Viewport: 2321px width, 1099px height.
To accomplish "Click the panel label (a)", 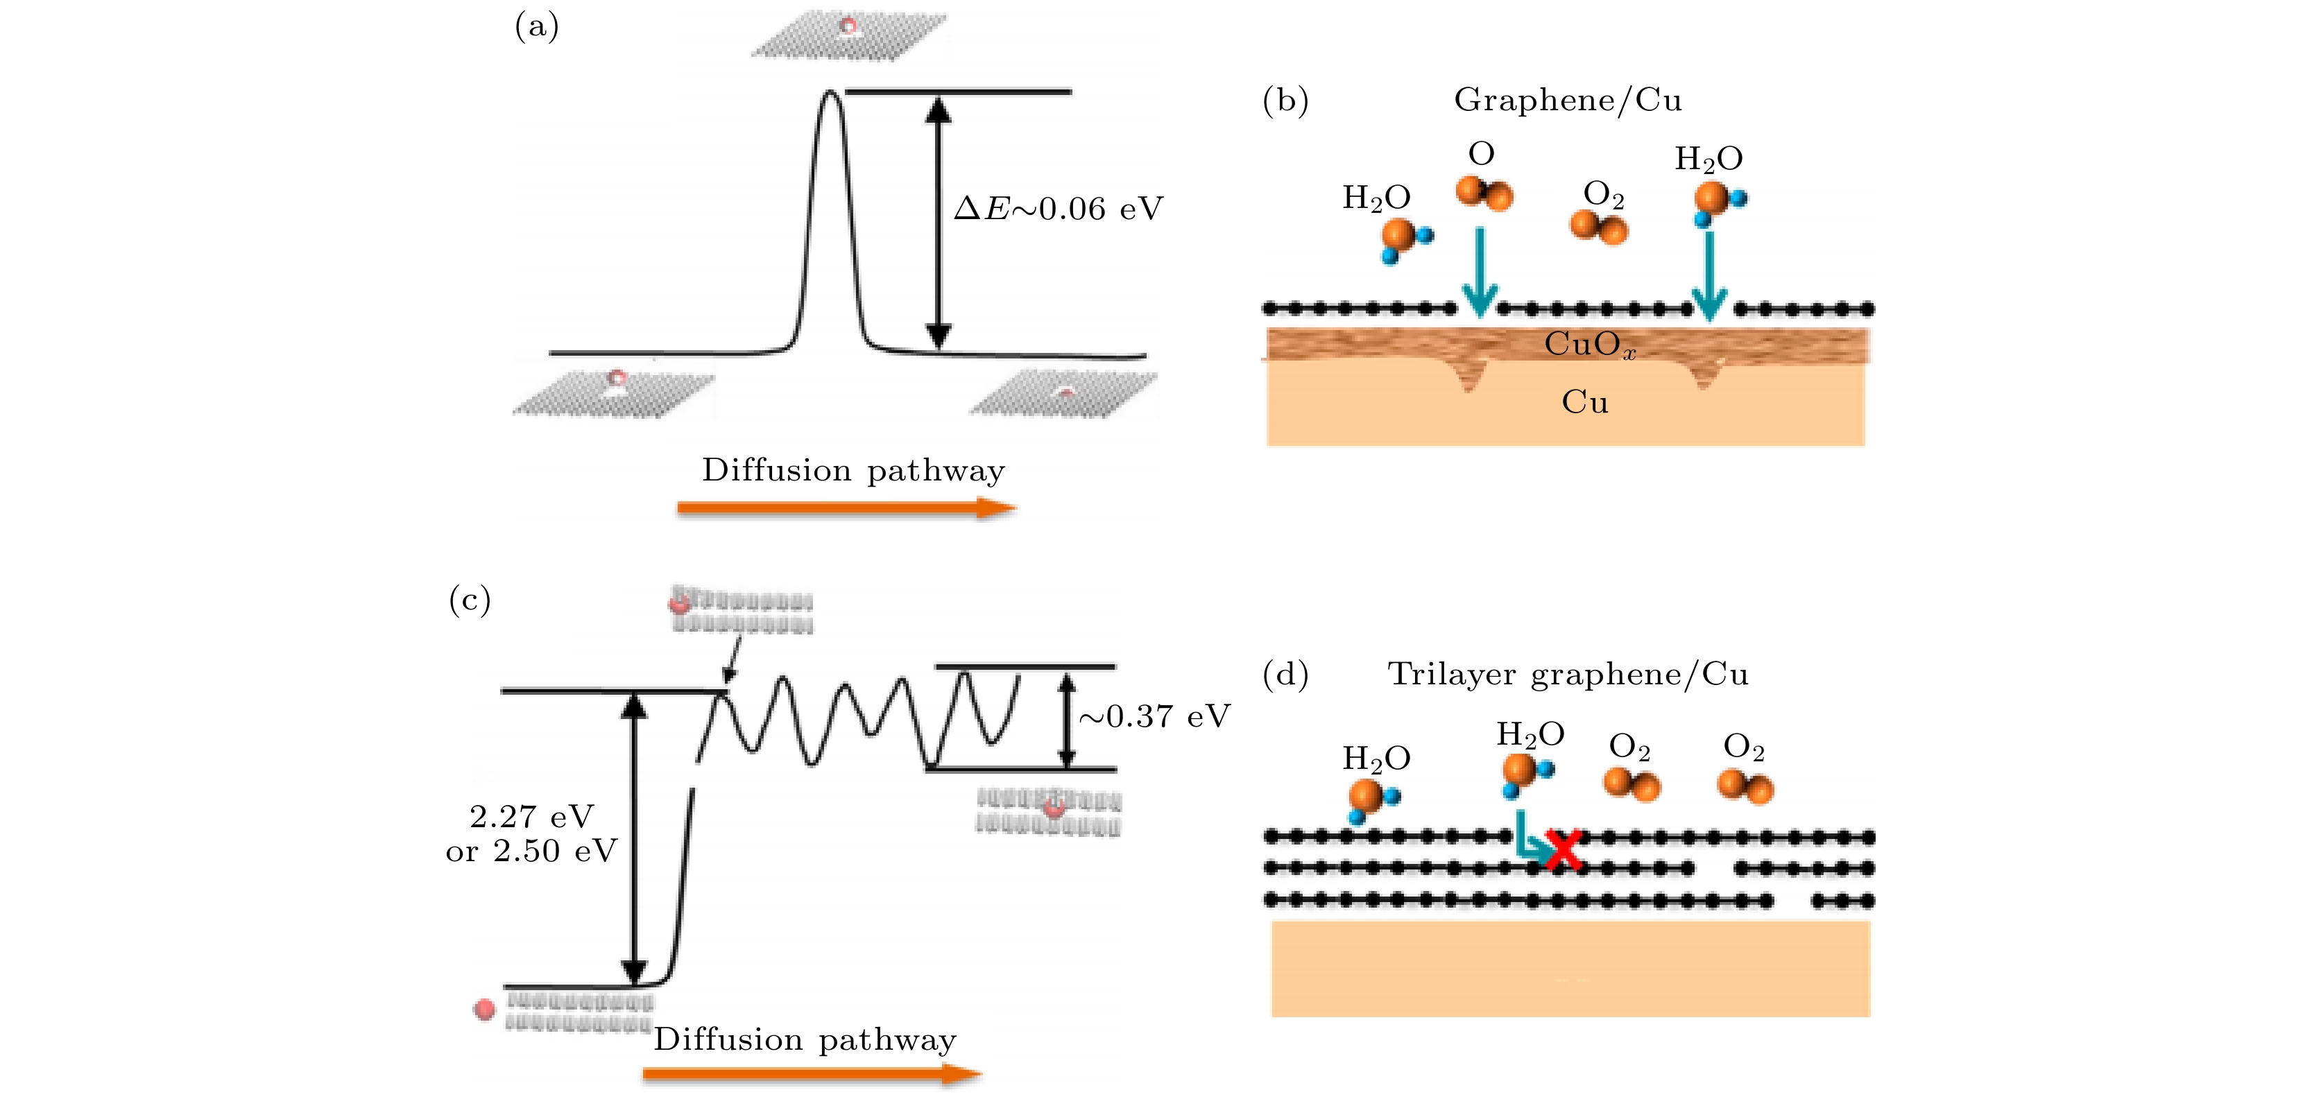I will click(x=537, y=26).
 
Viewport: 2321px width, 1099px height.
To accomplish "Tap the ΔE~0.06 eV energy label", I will click(x=1059, y=209).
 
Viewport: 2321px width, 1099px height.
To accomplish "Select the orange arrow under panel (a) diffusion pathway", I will click(x=846, y=509).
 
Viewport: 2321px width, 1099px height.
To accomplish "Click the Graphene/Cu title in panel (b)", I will click(x=1568, y=100).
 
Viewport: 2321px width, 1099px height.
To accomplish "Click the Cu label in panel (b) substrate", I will click(x=1585, y=401).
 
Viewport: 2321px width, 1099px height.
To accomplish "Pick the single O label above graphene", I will click(x=1481, y=154).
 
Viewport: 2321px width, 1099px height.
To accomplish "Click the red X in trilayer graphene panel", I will click(x=1564, y=849).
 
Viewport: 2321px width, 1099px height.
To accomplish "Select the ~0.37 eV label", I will click(x=1154, y=717).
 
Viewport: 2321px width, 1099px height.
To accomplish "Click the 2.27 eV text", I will click(x=531, y=817).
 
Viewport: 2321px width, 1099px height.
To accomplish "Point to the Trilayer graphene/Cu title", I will click(x=1568, y=675).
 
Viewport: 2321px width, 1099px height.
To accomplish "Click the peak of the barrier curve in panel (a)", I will click(x=831, y=93).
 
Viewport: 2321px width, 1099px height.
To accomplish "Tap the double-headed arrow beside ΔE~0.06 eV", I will click(x=939, y=222).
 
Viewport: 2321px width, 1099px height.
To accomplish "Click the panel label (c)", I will click(x=470, y=600).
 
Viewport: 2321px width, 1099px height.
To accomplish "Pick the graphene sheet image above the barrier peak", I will click(x=849, y=36).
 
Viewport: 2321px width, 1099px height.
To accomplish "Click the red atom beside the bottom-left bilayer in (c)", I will click(x=485, y=1010).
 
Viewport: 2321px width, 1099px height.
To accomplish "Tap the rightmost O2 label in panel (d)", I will click(x=1743, y=747).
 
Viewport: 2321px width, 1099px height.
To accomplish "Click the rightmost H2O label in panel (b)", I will click(x=1708, y=159).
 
